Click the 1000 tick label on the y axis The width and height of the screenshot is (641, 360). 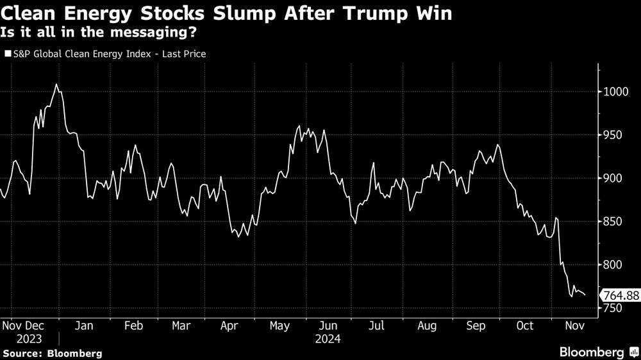pyautogui.click(x=616, y=92)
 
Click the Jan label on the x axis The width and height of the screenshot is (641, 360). pyautogui.click(x=84, y=326)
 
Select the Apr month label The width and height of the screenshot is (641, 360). pyautogui.click(x=229, y=326)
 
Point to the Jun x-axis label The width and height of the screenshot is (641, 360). pyautogui.click(x=328, y=326)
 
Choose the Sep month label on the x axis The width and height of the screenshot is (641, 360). pyautogui.click(x=476, y=326)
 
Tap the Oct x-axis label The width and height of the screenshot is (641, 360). pyautogui.click(x=525, y=326)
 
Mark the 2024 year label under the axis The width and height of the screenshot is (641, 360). pyautogui.click(x=328, y=339)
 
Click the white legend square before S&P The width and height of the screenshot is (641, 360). pyautogui.click(x=8, y=54)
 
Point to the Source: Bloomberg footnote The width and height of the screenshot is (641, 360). pyautogui.click(x=52, y=353)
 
